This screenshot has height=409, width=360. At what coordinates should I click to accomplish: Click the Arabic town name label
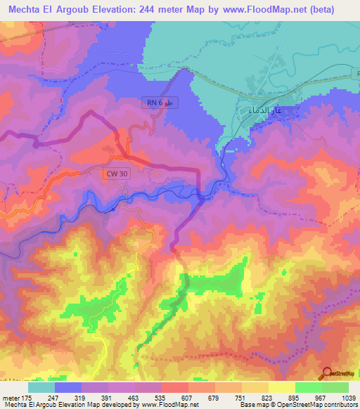click(265, 110)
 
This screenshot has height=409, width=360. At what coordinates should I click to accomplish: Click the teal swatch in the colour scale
click(41, 387)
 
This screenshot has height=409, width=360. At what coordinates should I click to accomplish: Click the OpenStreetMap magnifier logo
click(327, 373)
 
